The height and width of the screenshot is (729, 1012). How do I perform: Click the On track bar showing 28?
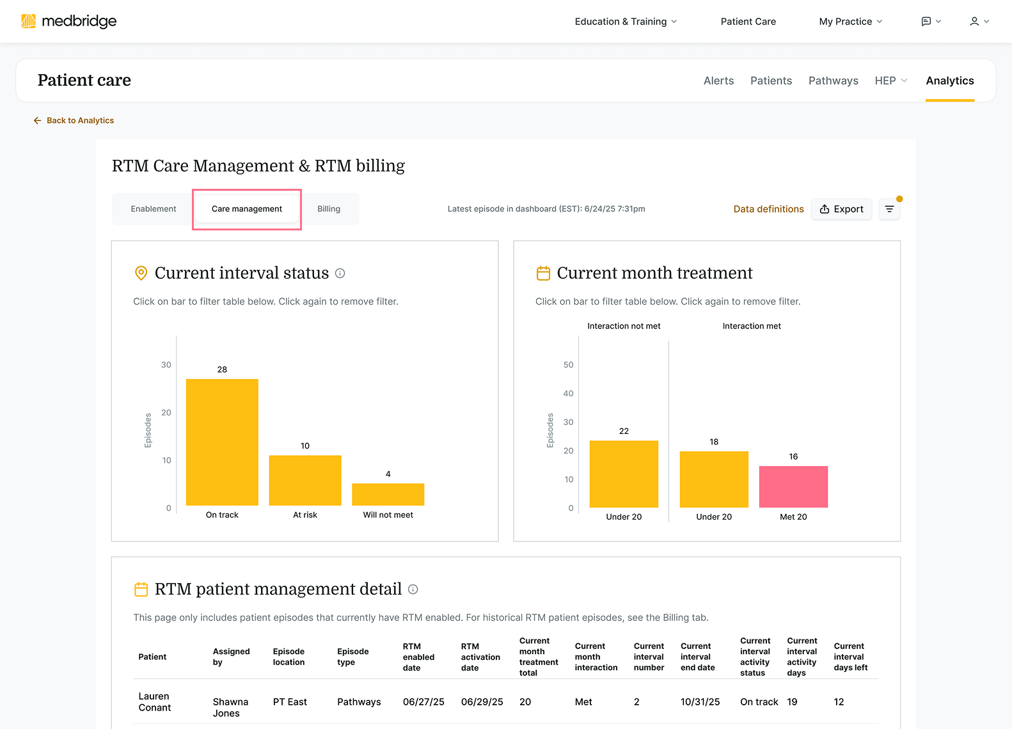tap(222, 442)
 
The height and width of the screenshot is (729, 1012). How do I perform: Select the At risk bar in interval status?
tap(305, 480)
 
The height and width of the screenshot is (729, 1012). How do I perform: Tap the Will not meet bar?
tap(388, 494)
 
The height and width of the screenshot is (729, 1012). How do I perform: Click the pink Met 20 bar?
tap(793, 486)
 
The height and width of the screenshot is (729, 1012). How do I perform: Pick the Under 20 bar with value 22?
tap(624, 474)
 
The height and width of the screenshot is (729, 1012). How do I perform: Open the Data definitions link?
tap(768, 209)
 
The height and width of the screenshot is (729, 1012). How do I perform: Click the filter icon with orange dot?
tap(889, 209)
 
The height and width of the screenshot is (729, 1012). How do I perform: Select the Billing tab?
tap(329, 209)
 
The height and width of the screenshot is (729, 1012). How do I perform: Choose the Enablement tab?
tap(154, 209)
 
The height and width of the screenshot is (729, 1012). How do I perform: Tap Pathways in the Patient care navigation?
tap(833, 81)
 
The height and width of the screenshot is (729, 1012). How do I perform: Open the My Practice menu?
tap(850, 22)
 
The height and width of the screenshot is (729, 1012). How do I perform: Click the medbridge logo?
tap(68, 21)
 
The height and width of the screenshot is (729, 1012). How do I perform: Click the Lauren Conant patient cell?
tap(155, 701)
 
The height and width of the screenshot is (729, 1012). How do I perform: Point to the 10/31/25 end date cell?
tap(700, 702)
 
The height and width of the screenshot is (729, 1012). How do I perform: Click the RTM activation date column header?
tap(480, 657)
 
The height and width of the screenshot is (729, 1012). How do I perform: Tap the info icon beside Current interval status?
tap(340, 273)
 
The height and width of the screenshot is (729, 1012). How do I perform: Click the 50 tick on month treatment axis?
tap(568, 365)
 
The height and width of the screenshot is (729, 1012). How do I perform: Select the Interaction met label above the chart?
tap(752, 326)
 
